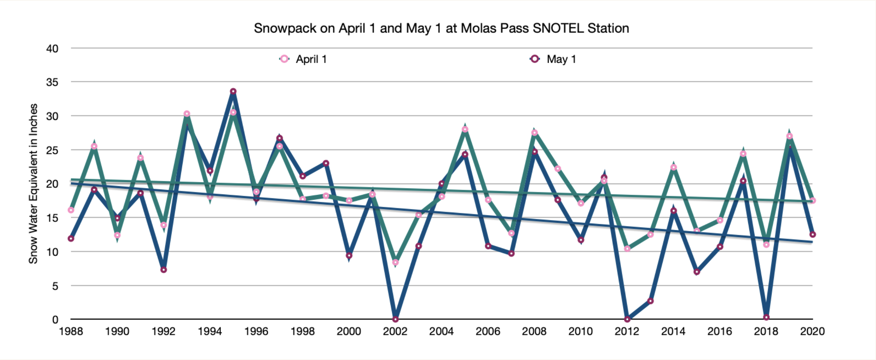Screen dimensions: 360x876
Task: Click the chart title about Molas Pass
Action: pos(441,28)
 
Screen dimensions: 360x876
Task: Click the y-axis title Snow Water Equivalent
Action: pos(34,183)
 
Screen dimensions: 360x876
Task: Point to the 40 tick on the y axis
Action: pos(52,48)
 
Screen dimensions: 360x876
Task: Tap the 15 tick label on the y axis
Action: pos(52,218)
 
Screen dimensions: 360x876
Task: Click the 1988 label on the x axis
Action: pos(71,332)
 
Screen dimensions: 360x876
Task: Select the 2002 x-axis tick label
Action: pos(395,332)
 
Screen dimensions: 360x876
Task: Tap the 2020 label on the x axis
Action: pos(812,332)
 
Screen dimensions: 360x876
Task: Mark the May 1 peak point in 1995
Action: pos(233,92)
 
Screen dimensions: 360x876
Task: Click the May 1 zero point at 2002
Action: pos(395,319)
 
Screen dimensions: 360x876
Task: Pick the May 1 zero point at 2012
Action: pos(627,319)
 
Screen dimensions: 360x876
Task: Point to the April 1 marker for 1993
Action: pos(187,114)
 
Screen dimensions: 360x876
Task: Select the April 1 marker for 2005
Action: pos(465,129)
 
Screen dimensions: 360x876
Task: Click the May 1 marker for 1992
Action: pos(163,270)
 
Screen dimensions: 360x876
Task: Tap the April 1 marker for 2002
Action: pos(395,262)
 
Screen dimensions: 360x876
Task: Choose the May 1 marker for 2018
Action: pos(766,317)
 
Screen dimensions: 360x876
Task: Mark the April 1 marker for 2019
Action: pos(789,136)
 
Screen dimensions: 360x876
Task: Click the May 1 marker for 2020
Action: pos(812,234)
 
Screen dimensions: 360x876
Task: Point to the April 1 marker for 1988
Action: pos(71,210)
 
